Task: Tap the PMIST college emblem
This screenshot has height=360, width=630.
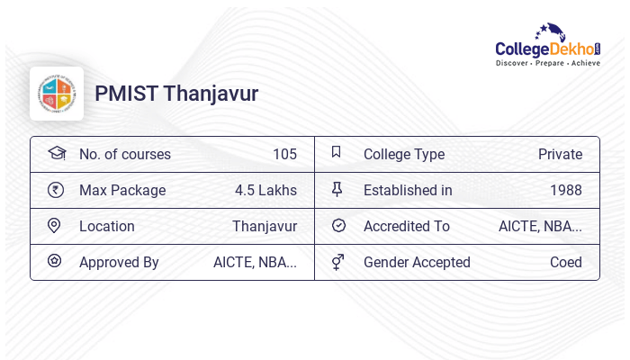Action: pos(57,94)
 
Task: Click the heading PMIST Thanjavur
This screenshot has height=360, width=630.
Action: pos(176,94)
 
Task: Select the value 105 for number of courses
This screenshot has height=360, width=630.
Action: pos(284,154)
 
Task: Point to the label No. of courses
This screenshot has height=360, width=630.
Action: pos(125,154)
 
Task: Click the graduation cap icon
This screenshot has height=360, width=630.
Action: pos(56,153)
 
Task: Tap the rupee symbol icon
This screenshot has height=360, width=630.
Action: pos(56,190)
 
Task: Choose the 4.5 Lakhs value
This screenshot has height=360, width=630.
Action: pos(265,190)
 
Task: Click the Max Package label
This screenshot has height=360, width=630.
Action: pos(122,190)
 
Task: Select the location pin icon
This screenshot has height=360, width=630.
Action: pos(55,226)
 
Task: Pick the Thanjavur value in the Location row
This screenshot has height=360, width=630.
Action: pos(265,226)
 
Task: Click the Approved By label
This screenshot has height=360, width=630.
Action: pos(119,262)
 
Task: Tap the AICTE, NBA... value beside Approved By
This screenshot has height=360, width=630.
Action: pos(255,262)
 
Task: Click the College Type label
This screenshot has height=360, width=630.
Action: pos(404,154)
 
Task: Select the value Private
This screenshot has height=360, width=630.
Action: pos(560,154)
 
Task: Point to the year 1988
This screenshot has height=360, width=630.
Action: pos(566,190)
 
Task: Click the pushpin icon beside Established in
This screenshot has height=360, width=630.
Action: pos(337,189)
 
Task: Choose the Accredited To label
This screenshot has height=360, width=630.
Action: pos(407,226)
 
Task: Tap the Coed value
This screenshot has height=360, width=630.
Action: pos(566,262)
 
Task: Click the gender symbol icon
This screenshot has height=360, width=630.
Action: pos(337,262)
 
